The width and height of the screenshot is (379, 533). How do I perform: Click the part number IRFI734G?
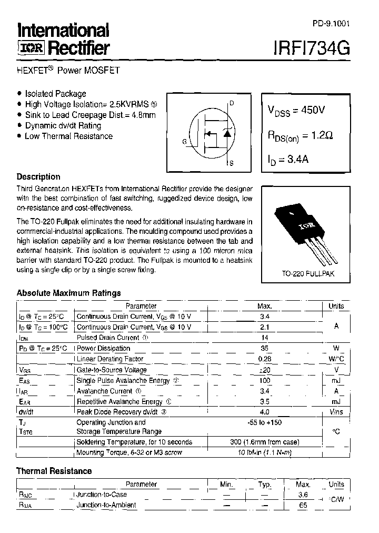(311, 48)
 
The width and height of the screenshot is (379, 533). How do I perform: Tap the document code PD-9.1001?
(330, 24)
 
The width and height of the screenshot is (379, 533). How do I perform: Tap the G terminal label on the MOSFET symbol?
(184, 142)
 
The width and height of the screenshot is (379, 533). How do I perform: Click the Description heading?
(38, 177)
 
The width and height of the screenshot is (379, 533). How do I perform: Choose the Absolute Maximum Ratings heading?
(68, 293)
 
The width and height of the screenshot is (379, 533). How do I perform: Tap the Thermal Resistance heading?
(54, 471)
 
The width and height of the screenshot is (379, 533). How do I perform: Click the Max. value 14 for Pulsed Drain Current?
(265, 338)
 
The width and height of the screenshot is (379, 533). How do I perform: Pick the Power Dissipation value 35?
(265, 348)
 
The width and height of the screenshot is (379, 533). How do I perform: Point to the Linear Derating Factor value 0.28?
(265, 359)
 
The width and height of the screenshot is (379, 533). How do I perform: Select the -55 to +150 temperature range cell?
(265, 422)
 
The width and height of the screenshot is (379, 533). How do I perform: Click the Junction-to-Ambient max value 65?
(303, 505)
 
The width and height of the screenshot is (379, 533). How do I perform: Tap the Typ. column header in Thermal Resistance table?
(265, 485)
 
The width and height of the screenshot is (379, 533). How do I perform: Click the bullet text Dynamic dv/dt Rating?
(63, 125)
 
